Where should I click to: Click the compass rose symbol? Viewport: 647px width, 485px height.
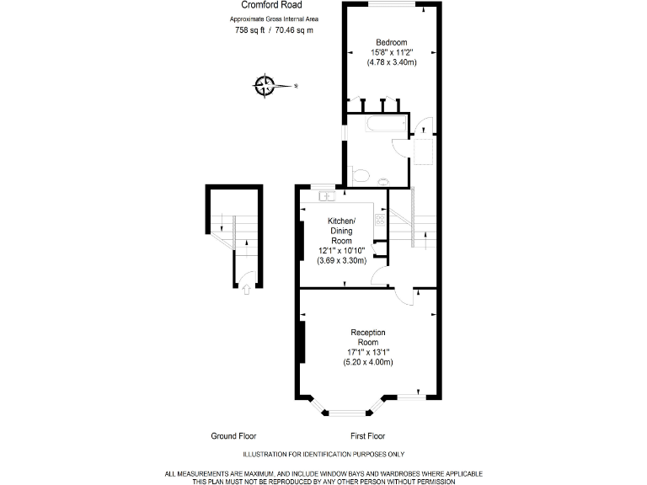click(x=265, y=85)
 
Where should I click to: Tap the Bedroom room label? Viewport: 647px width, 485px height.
click(x=392, y=42)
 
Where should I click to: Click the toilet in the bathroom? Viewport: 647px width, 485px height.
click(x=360, y=175)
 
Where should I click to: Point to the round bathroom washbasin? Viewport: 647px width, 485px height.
click(x=383, y=180)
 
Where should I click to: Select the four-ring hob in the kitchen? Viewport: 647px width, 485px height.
click(x=380, y=220)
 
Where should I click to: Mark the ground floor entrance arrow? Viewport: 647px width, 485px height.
click(x=245, y=290)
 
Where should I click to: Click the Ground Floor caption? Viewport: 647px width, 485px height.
click(x=233, y=436)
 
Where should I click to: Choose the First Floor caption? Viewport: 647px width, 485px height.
click(x=367, y=436)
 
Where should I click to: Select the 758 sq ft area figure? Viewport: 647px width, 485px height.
click(x=249, y=30)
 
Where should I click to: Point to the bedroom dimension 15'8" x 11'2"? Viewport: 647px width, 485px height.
click(x=392, y=52)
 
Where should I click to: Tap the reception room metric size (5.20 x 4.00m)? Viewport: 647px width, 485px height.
click(x=368, y=362)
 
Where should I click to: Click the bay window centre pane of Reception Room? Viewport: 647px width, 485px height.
click(x=346, y=413)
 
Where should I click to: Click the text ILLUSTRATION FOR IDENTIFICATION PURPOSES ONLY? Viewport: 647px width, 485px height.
click(x=323, y=454)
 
